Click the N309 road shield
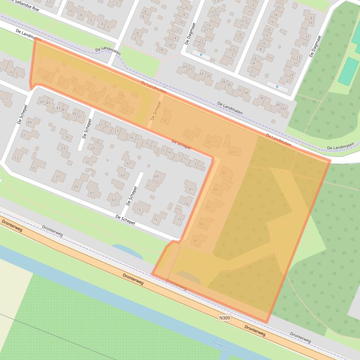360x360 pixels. point(225,318)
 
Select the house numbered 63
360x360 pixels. point(114,200)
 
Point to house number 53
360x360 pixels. point(16,158)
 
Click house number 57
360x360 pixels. point(58,177)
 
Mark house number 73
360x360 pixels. point(138,210)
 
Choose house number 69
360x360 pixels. point(157,176)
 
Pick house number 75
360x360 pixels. point(155,220)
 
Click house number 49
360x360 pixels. point(29,122)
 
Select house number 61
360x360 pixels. point(92,193)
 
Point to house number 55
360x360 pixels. point(33,168)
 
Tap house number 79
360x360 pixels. point(186,204)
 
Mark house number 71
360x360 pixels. point(148,186)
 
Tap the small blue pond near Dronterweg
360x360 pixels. point(126,250)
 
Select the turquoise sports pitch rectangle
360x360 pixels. point(348,71)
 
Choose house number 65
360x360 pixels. point(122,176)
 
